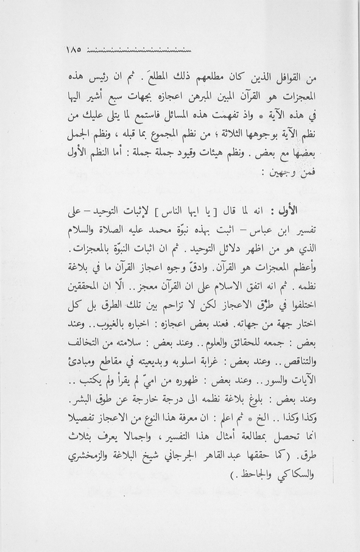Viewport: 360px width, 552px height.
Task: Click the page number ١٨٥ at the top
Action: [x=72, y=49]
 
